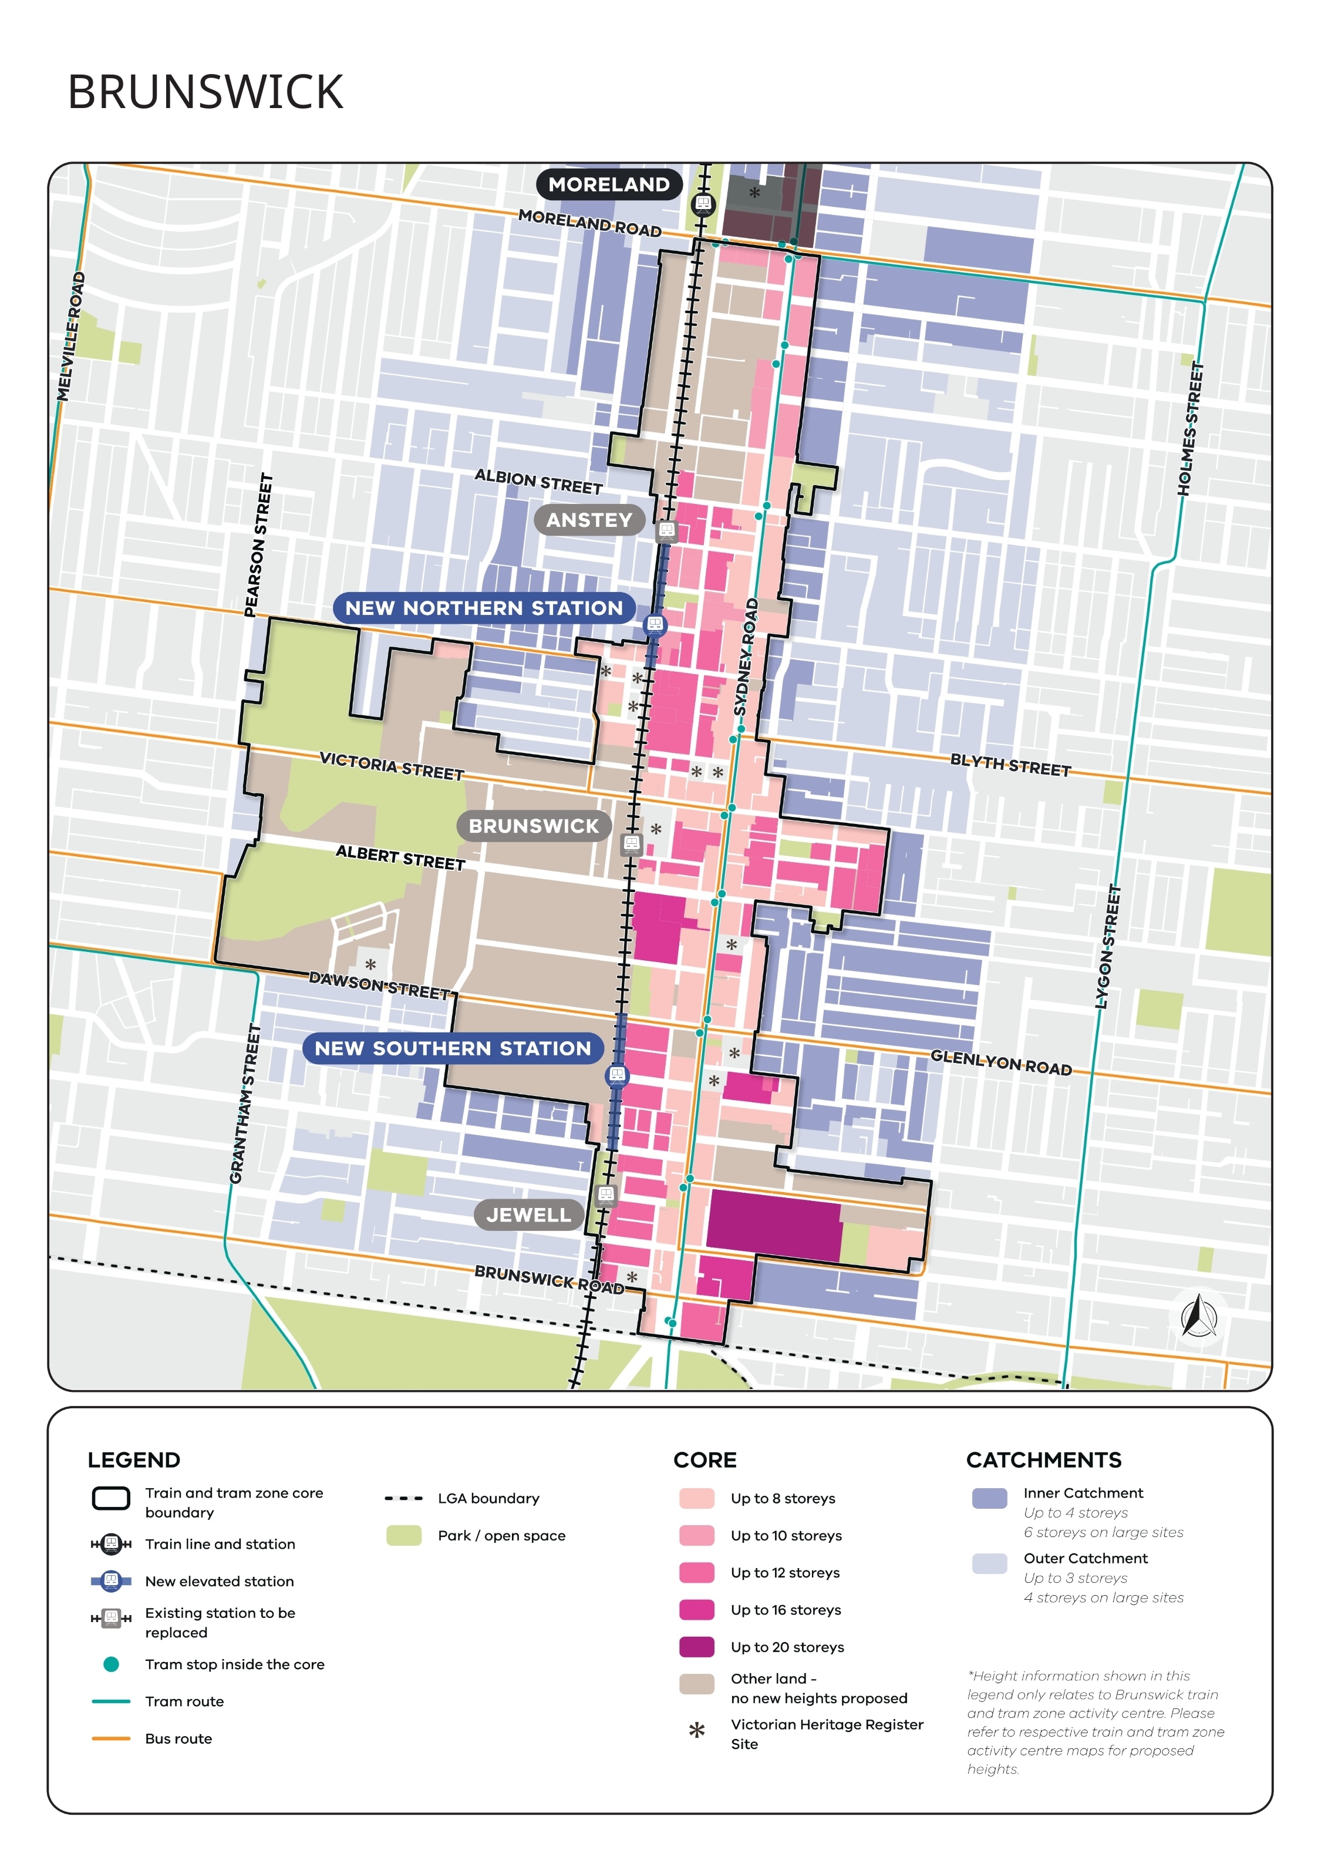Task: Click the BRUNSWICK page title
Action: point(205,92)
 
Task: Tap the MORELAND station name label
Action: point(608,184)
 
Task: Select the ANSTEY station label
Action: point(589,520)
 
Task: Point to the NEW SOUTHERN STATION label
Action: point(452,1048)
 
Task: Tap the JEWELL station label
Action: point(528,1215)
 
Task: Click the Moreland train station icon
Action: point(703,203)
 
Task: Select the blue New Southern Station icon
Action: point(617,1075)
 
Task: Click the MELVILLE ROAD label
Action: point(70,336)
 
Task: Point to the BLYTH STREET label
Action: point(1010,765)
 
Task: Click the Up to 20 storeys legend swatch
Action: point(696,1647)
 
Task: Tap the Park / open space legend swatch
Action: point(403,1535)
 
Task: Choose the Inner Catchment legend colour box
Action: point(989,1499)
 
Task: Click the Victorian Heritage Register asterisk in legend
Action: point(696,1730)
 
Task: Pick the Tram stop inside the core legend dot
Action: point(112,1664)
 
